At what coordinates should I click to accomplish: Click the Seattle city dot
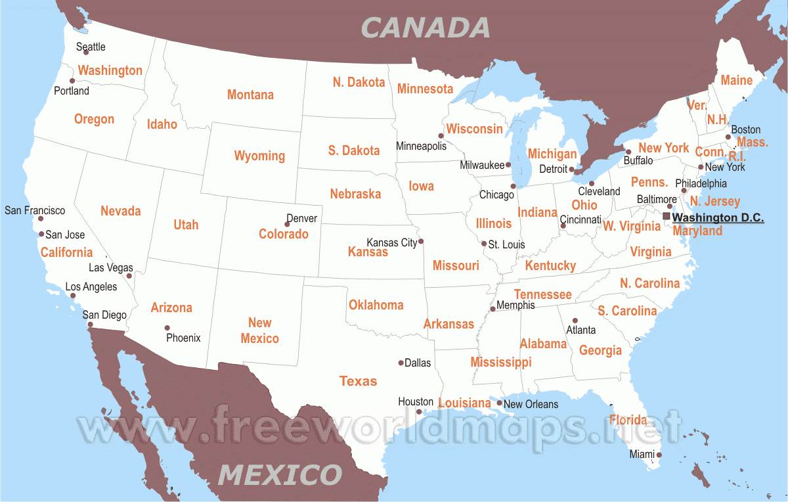pyautogui.click(x=86, y=52)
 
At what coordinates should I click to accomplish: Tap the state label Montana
pyautogui.click(x=250, y=95)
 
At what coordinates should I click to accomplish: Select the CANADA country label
pyautogui.click(x=426, y=28)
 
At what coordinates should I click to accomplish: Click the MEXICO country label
pyautogui.click(x=280, y=474)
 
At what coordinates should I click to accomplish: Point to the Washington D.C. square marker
pyautogui.click(x=667, y=216)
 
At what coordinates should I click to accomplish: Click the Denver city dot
pyautogui.click(x=287, y=225)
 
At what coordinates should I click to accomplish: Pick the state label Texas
pyautogui.click(x=358, y=381)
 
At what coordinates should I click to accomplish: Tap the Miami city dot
pyautogui.click(x=659, y=455)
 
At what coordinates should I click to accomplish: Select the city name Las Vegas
pyautogui.click(x=110, y=267)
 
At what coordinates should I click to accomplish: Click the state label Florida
pyautogui.click(x=628, y=420)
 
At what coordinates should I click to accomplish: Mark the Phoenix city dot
pyautogui.click(x=167, y=328)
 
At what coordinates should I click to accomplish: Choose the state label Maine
pyautogui.click(x=736, y=80)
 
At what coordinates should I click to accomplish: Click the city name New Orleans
pyautogui.click(x=531, y=404)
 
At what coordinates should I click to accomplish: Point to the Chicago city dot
pyautogui.click(x=513, y=186)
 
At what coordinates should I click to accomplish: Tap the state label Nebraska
pyautogui.click(x=355, y=194)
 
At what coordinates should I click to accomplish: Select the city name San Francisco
pyautogui.click(x=35, y=210)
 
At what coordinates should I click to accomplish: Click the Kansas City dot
pyautogui.click(x=421, y=240)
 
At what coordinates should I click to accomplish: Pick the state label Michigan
pyautogui.click(x=552, y=154)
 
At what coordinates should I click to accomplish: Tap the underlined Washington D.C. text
pyautogui.click(x=718, y=217)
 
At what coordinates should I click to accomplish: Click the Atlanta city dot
pyautogui.click(x=575, y=321)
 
